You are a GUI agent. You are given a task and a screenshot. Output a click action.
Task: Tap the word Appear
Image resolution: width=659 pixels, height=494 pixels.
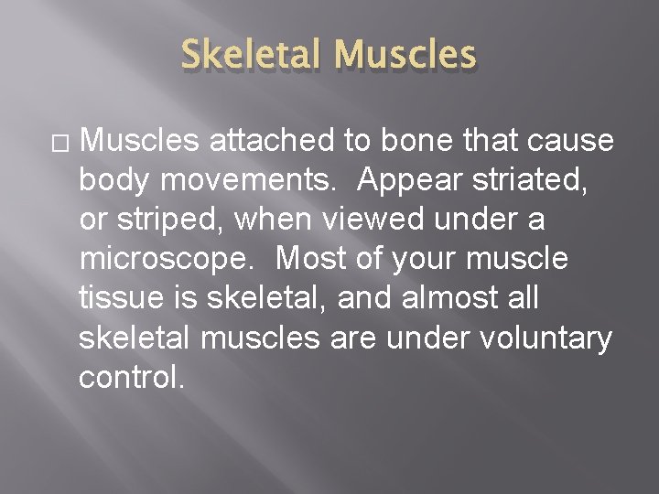point(413,180)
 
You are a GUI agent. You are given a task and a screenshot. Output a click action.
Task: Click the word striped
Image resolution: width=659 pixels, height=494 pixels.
point(168,220)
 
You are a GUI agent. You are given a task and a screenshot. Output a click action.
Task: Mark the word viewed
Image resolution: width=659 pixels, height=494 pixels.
point(365,220)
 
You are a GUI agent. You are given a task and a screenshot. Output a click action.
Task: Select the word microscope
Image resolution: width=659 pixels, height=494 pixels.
point(165,260)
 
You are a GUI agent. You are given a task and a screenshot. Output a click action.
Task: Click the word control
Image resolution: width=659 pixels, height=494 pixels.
point(132,377)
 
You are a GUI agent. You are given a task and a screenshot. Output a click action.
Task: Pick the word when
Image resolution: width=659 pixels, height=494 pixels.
point(278,220)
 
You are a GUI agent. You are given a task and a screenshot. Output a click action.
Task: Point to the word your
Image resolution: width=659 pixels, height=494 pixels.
point(424,260)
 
